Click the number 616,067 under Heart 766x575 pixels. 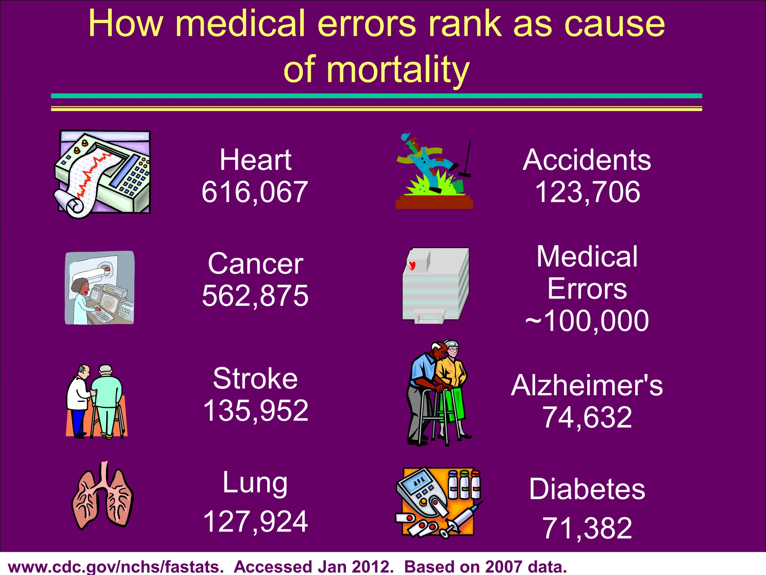tap(254, 192)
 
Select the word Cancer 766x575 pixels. tap(255, 264)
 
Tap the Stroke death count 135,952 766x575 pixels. tap(255, 411)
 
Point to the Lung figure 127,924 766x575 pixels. tap(255, 521)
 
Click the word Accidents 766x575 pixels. tap(587, 160)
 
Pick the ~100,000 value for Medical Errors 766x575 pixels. tap(587, 321)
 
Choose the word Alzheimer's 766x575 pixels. tap(587, 386)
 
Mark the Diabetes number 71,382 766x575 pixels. tap(587, 528)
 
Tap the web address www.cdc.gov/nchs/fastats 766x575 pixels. tap(116, 566)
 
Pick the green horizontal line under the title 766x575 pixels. tap(376, 96)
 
